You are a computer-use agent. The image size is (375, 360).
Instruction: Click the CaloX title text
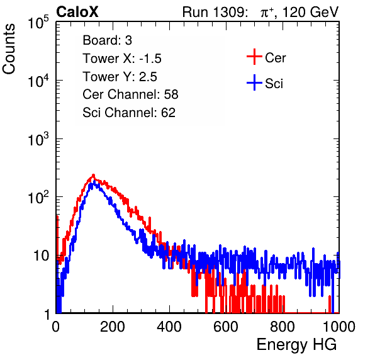tap(77, 12)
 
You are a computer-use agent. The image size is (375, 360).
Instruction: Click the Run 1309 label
tap(215, 12)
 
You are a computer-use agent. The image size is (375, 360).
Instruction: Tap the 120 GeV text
tap(310, 12)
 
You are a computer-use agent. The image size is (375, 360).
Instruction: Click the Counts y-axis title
tap(9, 49)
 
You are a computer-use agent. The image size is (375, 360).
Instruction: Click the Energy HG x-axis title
tap(296, 345)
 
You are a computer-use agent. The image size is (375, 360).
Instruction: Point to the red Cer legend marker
tap(254, 57)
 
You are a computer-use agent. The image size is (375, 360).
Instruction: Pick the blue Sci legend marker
tap(254, 83)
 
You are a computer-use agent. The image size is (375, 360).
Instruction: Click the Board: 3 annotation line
tap(107, 40)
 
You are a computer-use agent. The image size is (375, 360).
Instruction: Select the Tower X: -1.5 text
tap(122, 59)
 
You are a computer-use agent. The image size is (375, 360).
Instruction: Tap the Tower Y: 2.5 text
tap(120, 77)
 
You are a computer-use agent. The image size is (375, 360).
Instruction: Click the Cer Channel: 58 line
tap(130, 94)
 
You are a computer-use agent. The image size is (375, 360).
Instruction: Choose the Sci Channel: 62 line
tap(129, 113)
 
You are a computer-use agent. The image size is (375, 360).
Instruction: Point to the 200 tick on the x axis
tap(113, 327)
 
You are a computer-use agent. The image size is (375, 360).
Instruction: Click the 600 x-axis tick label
tap(226, 327)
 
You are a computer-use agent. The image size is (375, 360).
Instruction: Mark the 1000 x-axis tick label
tap(339, 327)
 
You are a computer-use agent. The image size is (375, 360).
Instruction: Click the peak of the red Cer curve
tap(93, 175)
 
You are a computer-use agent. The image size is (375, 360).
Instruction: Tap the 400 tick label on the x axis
tap(169, 327)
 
